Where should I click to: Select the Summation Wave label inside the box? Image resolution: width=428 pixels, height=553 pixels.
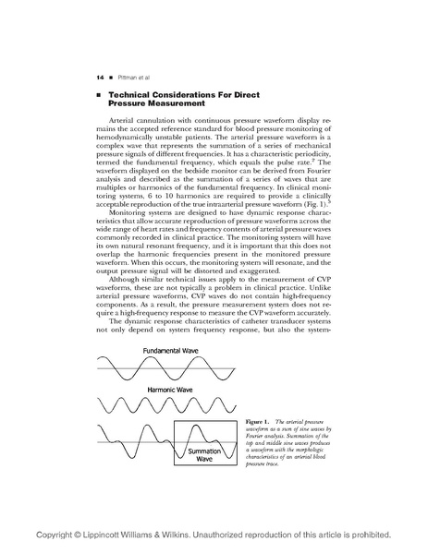(204, 454)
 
